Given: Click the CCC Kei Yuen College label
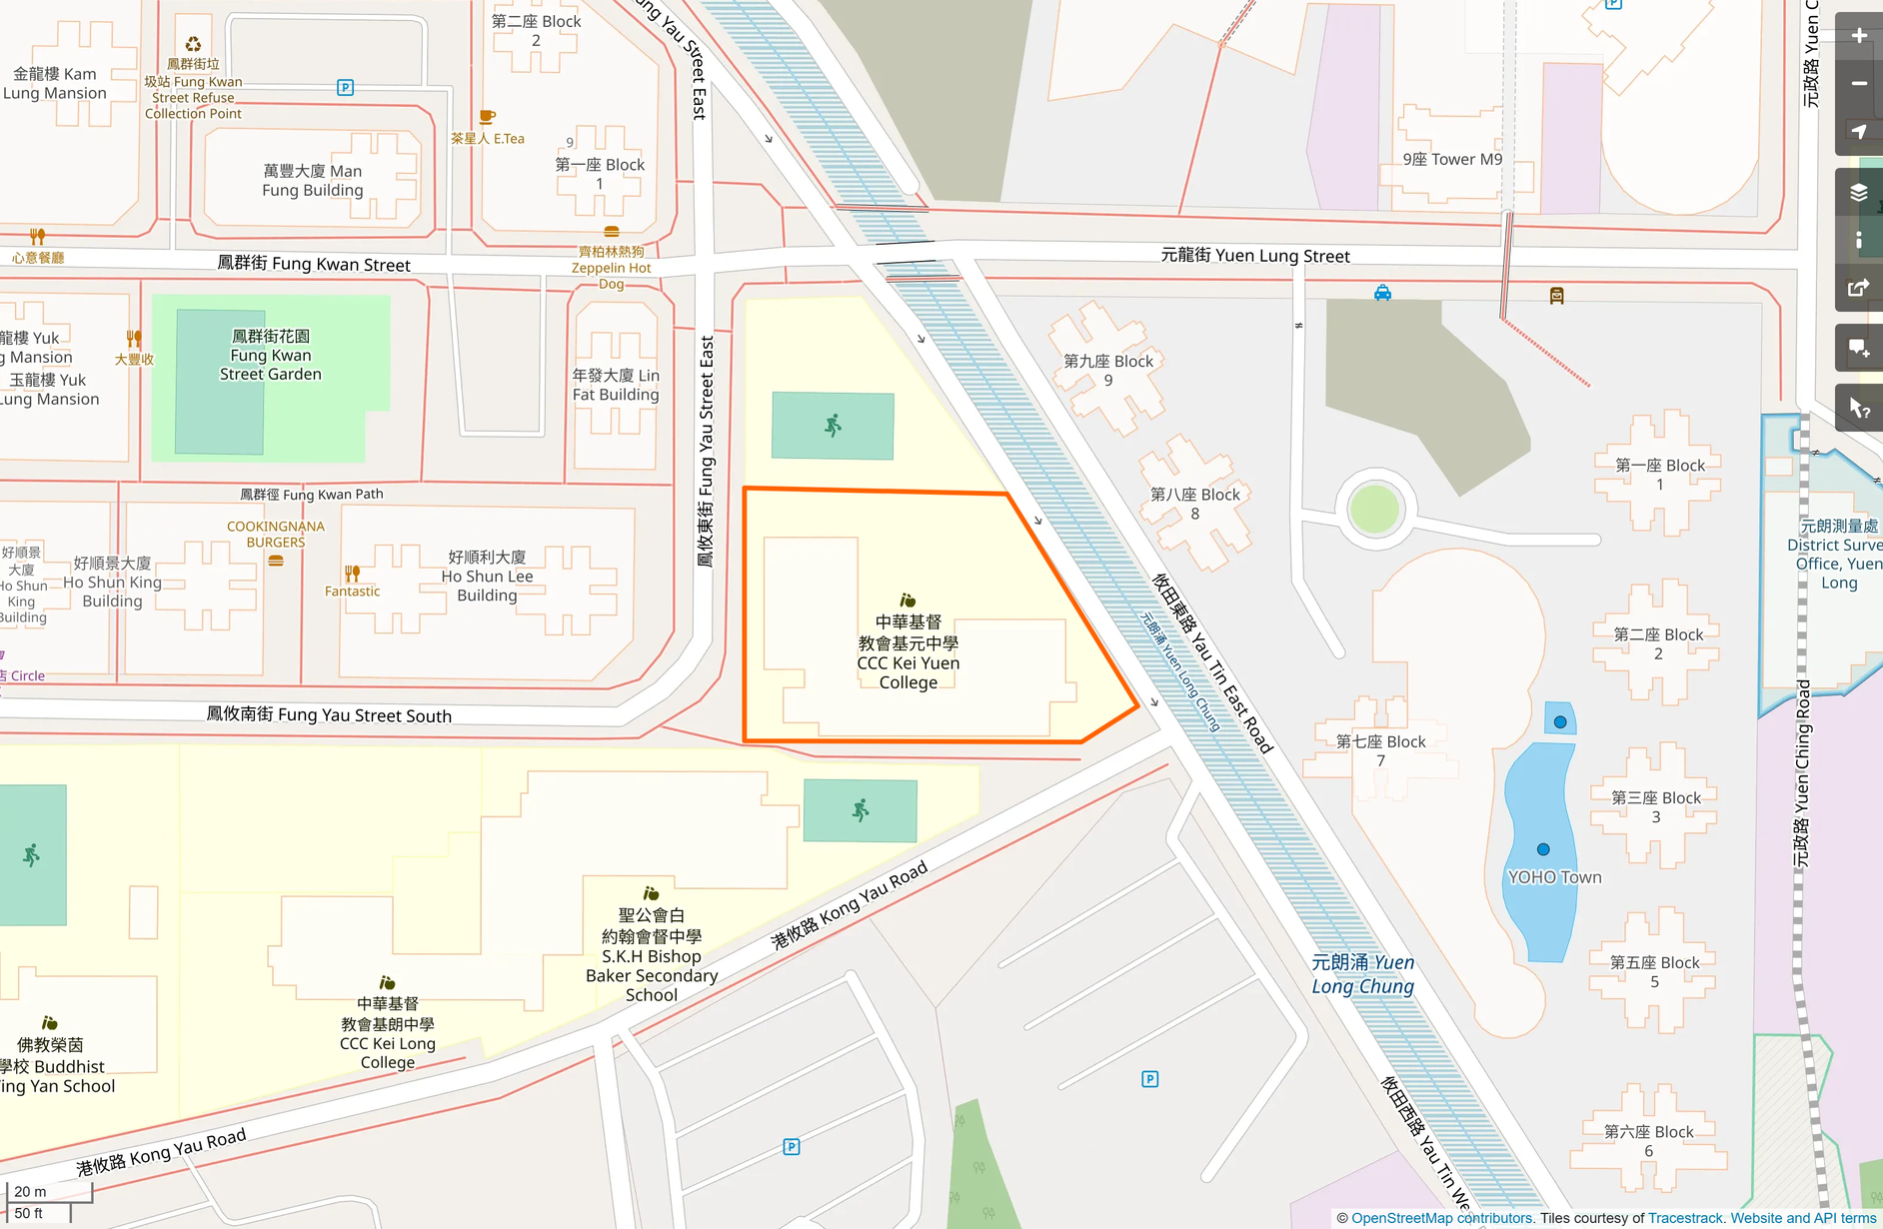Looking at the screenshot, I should pos(908,652).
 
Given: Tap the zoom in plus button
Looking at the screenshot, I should pos(1858,36).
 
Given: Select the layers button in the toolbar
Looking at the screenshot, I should pos(1858,193).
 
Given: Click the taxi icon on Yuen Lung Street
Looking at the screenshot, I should pos(1382,293).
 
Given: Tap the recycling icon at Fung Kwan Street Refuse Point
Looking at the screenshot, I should pos(193,44).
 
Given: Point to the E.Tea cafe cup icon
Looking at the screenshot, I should pos(487,118).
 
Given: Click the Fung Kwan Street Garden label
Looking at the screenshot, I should pos(270,356).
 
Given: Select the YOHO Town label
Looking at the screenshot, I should pos(1554,877).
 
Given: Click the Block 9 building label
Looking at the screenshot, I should pos(1107,371).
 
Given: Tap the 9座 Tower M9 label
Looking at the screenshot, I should pos(1451,159).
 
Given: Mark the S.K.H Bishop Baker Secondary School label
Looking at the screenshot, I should pos(652,955).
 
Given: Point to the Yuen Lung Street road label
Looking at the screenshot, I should pos(1254,256).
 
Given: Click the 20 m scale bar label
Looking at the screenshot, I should pos(30,1191).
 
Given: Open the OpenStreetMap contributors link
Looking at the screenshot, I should pos(1441,1218).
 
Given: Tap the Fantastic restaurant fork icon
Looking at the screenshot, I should pos(352,574).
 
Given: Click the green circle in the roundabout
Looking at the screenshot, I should pos(1374,509).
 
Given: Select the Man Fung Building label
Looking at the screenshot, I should pos(312,181).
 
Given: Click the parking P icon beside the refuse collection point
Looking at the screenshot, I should pos(345,87).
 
